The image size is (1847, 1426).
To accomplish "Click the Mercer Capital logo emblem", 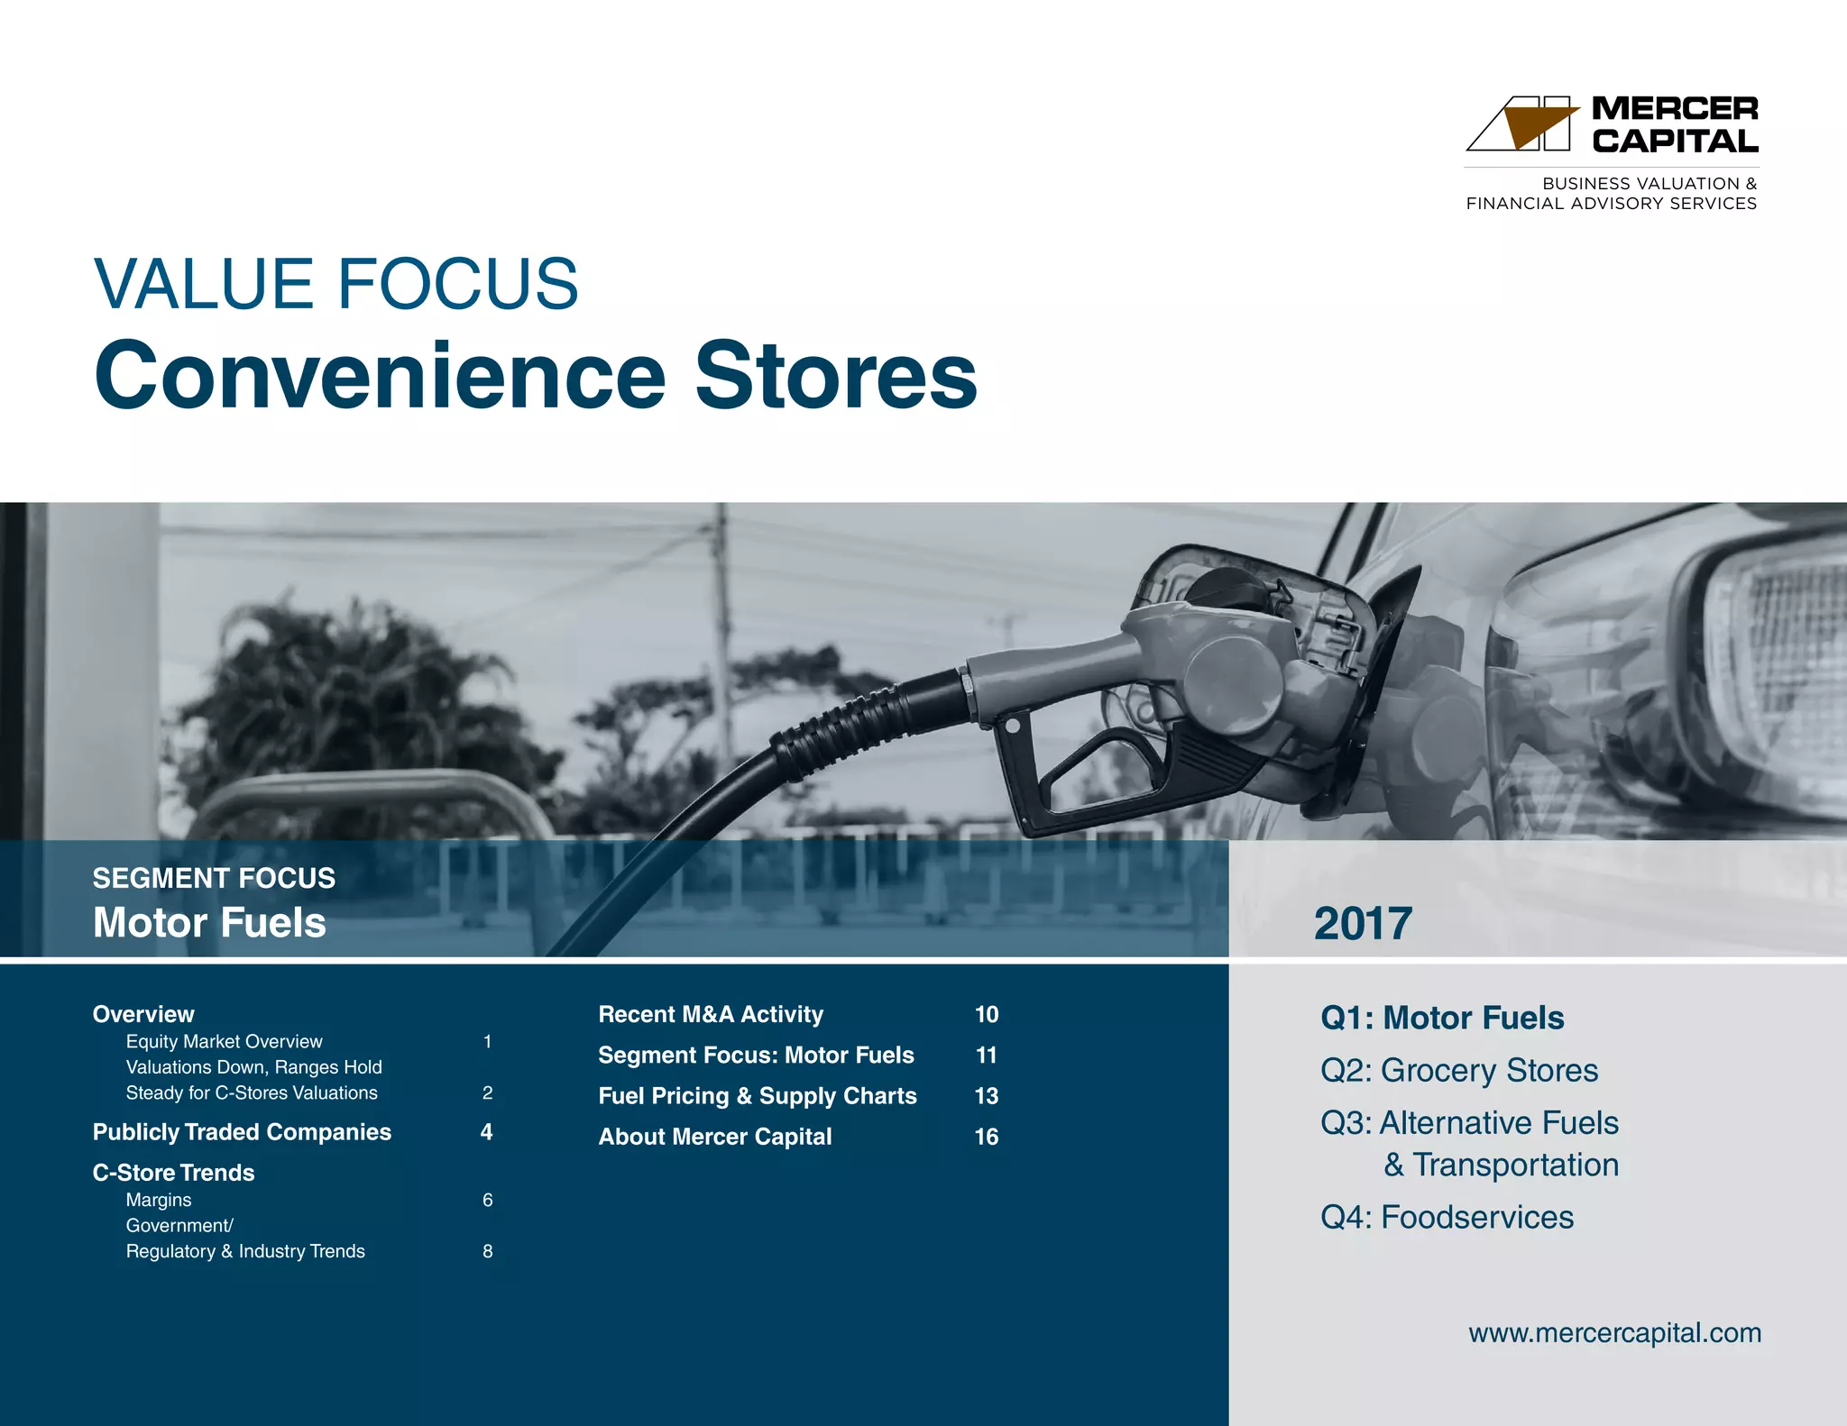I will pyautogui.click(x=1523, y=123).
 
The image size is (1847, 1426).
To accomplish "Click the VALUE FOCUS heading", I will pyautogui.click(x=335, y=284).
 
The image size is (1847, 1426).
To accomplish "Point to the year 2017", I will pyautogui.click(x=1362, y=924).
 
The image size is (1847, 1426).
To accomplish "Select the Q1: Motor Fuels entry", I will pyautogui.click(x=1441, y=1018).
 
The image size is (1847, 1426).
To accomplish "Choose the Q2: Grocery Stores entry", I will pyautogui.click(x=1458, y=1070).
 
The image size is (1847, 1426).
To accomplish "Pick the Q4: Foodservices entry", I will pyautogui.click(x=1447, y=1217).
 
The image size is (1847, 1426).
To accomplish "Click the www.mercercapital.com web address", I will pyautogui.click(x=1614, y=1332).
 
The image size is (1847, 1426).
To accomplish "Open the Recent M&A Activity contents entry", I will pyautogui.click(x=711, y=1014).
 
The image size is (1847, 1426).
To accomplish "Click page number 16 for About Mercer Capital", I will pyautogui.click(x=986, y=1137).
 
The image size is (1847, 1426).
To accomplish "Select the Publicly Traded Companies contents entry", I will pyautogui.click(x=242, y=1132).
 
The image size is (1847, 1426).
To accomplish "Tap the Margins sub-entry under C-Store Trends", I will pyautogui.click(x=159, y=1200).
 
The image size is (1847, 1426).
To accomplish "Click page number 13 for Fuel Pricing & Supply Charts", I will pyautogui.click(x=986, y=1096).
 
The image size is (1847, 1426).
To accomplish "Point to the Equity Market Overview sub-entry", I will pyautogui.click(x=224, y=1041).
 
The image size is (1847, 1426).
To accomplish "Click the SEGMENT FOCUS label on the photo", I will pyautogui.click(x=214, y=878).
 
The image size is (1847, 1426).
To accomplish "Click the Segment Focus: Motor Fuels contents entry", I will pyautogui.click(x=756, y=1055).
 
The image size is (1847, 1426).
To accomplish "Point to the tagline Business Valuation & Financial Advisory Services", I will pyautogui.click(x=1611, y=193).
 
